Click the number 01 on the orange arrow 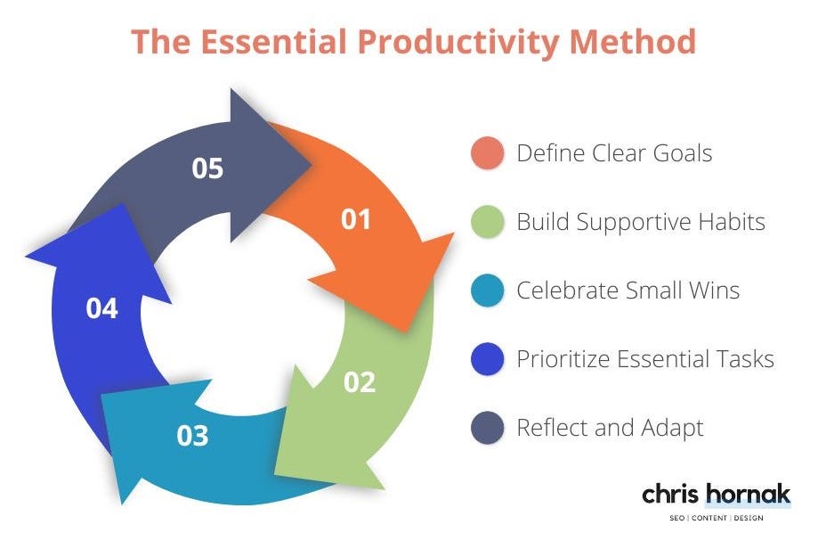point(356,219)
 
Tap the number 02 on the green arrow point(360,382)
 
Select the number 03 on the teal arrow point(192,436)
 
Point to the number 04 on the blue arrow point(101,308)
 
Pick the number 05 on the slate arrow point(207,168)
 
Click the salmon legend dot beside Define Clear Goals point(487,153)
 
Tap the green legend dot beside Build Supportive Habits point(487,222)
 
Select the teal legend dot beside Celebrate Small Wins point(487,290)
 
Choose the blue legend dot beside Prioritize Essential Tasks point(487,359)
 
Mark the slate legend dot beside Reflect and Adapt point(487,427)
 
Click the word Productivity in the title point(458,43)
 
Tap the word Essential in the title point(273,41)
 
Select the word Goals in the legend point(683,153)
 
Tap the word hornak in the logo point(748,494)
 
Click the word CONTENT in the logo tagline point(709,518)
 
